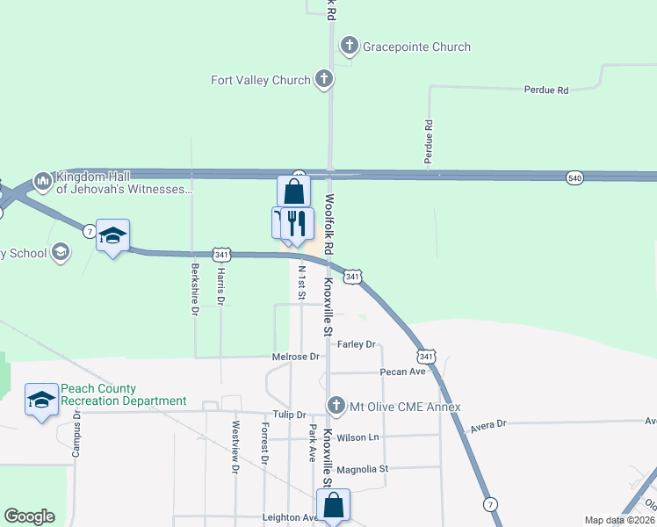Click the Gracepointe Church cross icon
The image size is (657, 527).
[x=349, y=47]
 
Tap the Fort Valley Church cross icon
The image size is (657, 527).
[x=323, y=80]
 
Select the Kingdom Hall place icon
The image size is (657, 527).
[x=41, y=182]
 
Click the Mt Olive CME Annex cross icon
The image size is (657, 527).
[x=335, y=406]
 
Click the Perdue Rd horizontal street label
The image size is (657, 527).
[x=545, y=90]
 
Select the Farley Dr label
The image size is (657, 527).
[x=356, y=344]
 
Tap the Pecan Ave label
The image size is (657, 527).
[x=402, y=372]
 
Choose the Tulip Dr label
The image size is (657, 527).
[x=288, y=415]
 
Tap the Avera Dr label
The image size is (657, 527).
[x=488, y=424]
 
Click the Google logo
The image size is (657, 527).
[x=29, y=516]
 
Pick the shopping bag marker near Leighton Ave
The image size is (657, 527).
[x=333, y=505]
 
